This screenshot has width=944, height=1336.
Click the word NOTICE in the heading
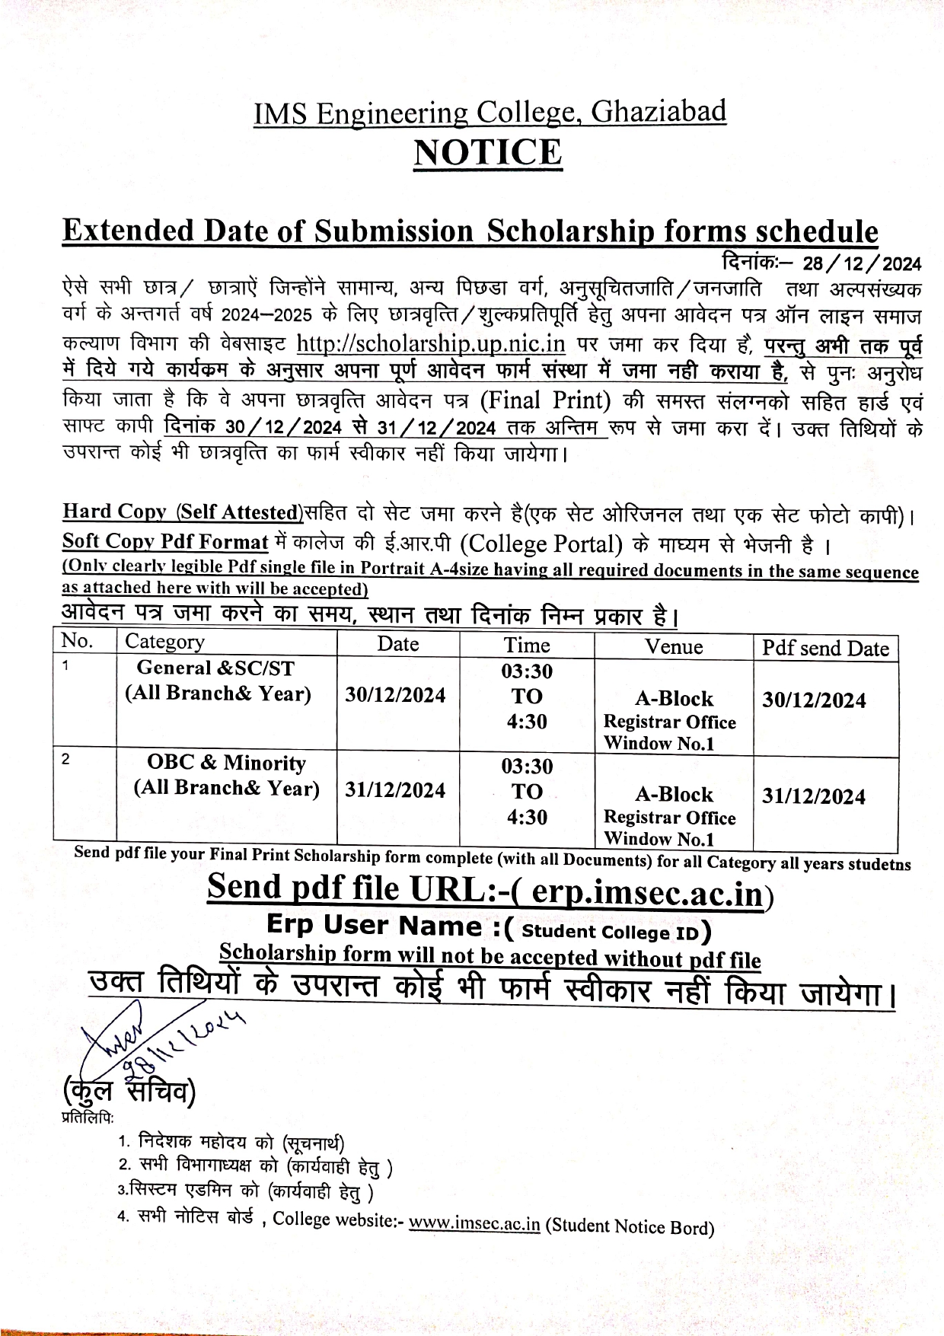(487, 152)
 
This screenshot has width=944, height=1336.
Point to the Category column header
(164, 642)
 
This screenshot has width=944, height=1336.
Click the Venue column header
(674, 646)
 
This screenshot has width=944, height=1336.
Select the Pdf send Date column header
(825, 648)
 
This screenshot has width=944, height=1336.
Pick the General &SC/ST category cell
(218, 681)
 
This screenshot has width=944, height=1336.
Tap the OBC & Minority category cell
(226, 775)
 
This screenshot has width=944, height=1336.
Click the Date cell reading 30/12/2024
(395, 695)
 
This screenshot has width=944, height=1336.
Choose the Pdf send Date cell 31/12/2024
(814, 796)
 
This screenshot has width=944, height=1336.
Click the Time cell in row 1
(527, 697)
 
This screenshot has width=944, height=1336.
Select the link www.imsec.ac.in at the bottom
(474, 1224)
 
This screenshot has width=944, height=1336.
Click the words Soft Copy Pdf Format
(165, 542)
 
